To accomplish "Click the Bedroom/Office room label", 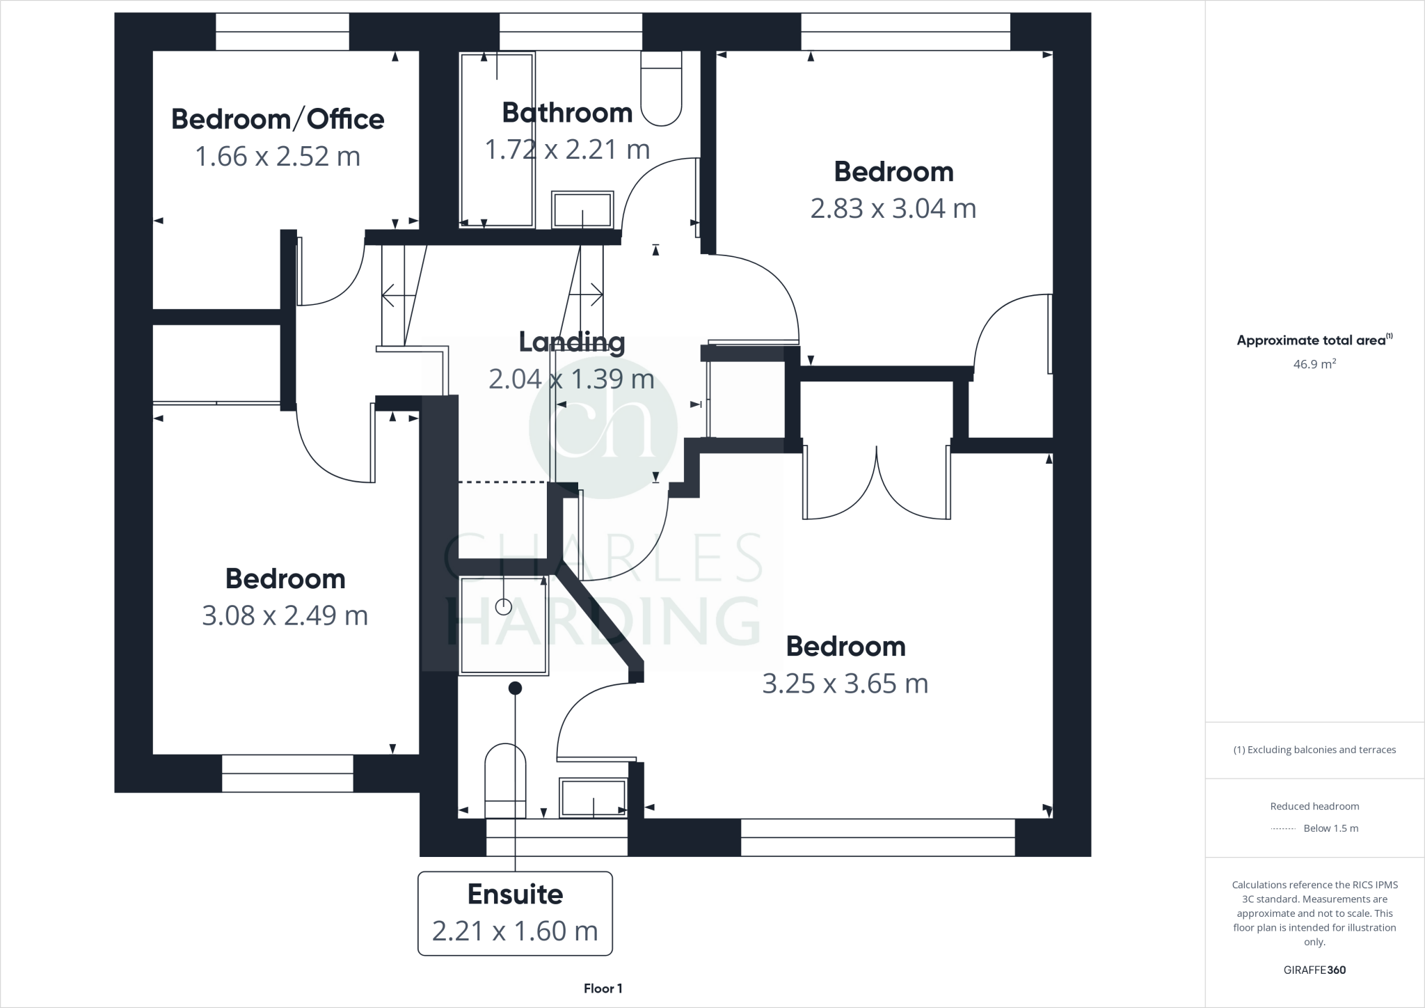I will pyautogui.click(x=278, y=119).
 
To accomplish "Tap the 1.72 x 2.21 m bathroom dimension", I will pyautogui.click(x=567, y=150).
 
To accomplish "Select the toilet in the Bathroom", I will pyautogui.click(x=661, y=89).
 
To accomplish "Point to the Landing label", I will pyautogui.click(x=572, y=342).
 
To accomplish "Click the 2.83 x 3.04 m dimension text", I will pyautogui.click(x=893, y=208).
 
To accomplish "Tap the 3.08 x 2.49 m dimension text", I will pyautogui.click(x=285, y=615).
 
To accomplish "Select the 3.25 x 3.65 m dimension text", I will pyautogui.click(x=845, y=684).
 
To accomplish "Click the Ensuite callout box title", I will pyautogui.click(x=515, y=895).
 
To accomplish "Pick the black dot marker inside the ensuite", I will pyautogui.click(x=515, y=688).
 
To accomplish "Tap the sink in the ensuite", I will pyautogui.click(x=594, y=797).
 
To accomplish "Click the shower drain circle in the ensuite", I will pyautogui.click(x=503, y=607).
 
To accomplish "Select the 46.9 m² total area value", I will pyautogui.click(x=1314, y=364).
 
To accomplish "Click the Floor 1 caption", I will pyautogui.click(x=603, y=989).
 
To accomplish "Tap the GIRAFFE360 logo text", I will pyautogui.click(x=1314, y=970).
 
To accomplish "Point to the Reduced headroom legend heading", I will pyautogui.click(x=1314, y=806).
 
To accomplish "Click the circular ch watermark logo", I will pyautogui.click(x=603, y=427).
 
